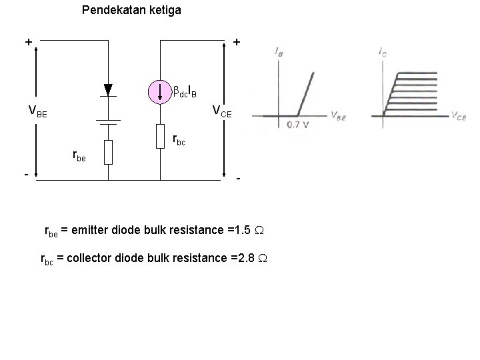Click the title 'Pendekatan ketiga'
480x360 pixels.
[131, 11]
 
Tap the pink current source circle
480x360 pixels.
[160, 92]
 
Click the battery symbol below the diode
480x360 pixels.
[108, 121]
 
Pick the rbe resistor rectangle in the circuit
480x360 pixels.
[108, 152]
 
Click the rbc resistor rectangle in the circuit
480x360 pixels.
[160, 136]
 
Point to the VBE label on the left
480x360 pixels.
[37, 111]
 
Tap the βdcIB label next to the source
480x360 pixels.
[185, 89]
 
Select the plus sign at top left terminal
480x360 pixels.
[29, 42]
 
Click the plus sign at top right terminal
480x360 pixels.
[237, 42]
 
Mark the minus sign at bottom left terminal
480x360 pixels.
[26, 175]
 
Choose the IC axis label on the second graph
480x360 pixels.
[382, 51]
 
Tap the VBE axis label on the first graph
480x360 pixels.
[338, 115]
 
